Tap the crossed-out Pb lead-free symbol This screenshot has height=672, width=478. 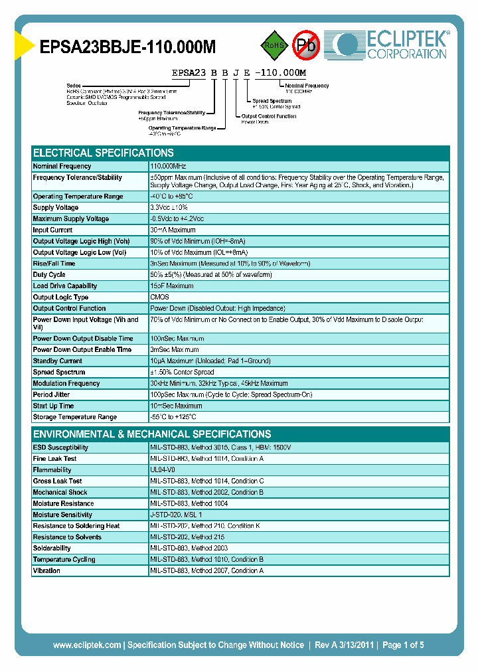coord(307,46)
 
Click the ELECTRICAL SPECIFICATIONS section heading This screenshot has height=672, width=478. coord(104,153)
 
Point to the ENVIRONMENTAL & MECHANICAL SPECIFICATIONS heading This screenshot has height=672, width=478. coord(152,434)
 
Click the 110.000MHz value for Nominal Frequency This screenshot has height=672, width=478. coord(168,166)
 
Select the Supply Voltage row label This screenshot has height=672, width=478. coord(56,208)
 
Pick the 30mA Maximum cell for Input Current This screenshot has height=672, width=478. coord(173,230)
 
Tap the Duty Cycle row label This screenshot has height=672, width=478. coord(49,275)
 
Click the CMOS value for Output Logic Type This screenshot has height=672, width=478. coord(159,297)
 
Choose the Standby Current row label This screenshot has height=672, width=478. coord(58,361)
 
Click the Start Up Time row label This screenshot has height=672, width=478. coord(53,406)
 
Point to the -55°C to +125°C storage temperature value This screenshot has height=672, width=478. coord(173,417)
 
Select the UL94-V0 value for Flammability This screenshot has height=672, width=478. coord(163,470)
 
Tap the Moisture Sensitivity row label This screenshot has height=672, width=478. coord(62,515)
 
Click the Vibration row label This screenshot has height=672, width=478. coord(46,570)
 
